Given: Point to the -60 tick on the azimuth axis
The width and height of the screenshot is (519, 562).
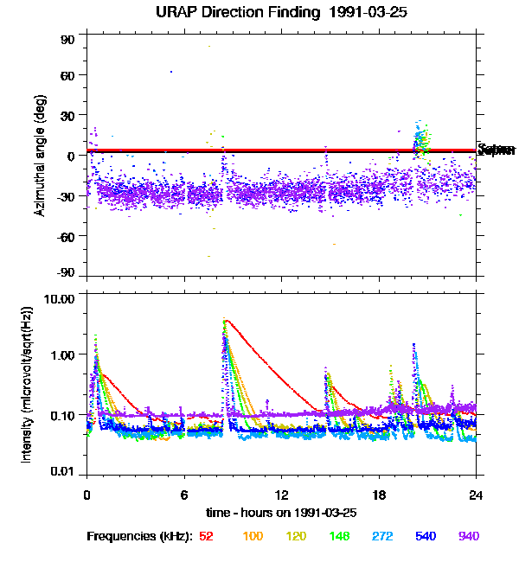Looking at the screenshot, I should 66,235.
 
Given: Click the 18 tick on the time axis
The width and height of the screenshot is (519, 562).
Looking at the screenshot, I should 379,495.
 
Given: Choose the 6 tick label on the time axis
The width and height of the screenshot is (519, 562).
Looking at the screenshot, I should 184,495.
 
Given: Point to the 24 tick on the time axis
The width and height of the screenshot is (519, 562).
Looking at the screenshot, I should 476,495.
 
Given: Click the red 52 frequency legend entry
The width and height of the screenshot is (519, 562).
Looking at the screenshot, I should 206,537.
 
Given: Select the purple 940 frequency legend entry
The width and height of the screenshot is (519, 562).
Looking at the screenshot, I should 469,537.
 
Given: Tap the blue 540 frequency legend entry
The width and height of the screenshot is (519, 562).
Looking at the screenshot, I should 426,537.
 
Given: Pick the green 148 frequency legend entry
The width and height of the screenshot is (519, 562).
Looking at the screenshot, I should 339,537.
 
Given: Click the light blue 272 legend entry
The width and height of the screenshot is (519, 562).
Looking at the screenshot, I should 382,537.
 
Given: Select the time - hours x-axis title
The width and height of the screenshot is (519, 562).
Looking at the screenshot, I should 282,513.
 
